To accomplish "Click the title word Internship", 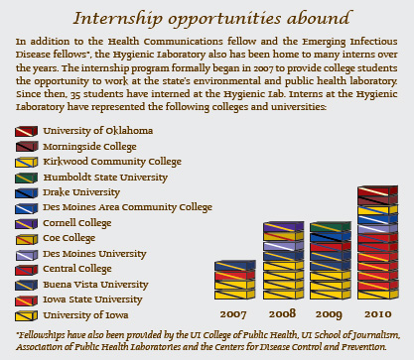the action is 117,19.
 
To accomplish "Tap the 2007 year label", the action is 233,314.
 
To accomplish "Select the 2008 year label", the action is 282,313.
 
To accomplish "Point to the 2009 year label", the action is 329,314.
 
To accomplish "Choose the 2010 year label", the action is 377,314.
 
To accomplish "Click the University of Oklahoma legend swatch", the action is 26,131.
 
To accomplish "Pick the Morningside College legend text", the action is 89,147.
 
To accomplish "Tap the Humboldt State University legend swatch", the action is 26,178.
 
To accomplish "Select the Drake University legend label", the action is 81,192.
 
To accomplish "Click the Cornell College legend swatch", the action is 26,224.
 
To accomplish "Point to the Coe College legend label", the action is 69,238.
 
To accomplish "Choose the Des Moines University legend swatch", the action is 26,255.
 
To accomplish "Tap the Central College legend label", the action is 77,269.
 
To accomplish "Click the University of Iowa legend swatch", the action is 26,316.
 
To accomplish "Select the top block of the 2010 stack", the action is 377,190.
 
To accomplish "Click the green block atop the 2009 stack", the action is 330,227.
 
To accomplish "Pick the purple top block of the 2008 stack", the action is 283,226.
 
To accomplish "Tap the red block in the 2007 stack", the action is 234,275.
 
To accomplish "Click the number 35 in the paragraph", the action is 75,94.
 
